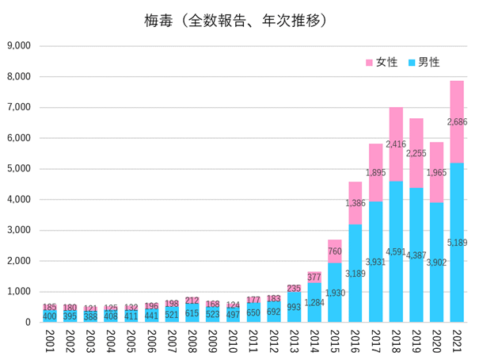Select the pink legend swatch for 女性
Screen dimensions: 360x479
[368, 62]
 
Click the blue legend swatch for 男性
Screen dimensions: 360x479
[411, 62]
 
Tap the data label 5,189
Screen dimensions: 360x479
[458, 242]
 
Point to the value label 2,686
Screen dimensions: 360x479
[458, 122]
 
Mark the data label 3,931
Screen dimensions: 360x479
[376, 262]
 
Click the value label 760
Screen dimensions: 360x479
[336, 251]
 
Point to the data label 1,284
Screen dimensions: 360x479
[315, 303]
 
